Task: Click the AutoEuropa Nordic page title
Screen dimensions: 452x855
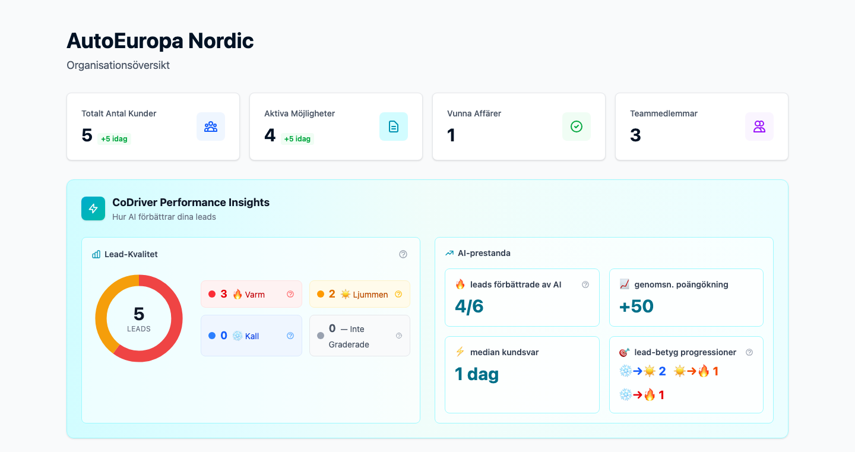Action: click(160, 41)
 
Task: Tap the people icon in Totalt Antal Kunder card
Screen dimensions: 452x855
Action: click(211, 127)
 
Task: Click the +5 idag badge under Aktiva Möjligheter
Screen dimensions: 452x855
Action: click(297, 139)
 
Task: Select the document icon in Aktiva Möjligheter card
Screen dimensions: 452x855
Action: click(394, 127)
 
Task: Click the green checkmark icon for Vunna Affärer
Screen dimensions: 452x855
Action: click(577, 127)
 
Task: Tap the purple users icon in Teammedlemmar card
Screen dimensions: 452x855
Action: click(759, 127)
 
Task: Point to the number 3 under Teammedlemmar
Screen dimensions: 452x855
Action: click(635, 135)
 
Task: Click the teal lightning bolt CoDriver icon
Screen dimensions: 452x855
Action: click(93, 208)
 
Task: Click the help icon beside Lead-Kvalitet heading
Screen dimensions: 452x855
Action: click(403, 254)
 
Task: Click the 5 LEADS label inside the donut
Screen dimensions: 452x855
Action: click(139, 319)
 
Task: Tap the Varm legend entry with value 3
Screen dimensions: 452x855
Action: click(251, 294)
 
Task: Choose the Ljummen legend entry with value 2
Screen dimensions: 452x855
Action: click(359, 294)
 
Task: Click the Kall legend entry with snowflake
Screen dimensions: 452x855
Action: click(251, 336)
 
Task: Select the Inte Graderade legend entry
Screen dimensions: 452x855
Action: click(359, 336)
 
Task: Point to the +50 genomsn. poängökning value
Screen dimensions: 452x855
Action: click(636, 306)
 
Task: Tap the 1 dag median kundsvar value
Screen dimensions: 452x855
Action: click(477, 374)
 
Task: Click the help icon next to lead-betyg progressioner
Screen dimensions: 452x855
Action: click(749, 352)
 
